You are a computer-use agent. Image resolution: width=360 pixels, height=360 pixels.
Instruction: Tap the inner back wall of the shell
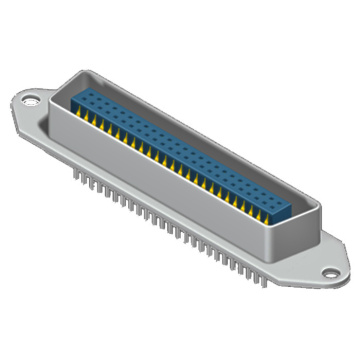[x=200, y=118]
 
